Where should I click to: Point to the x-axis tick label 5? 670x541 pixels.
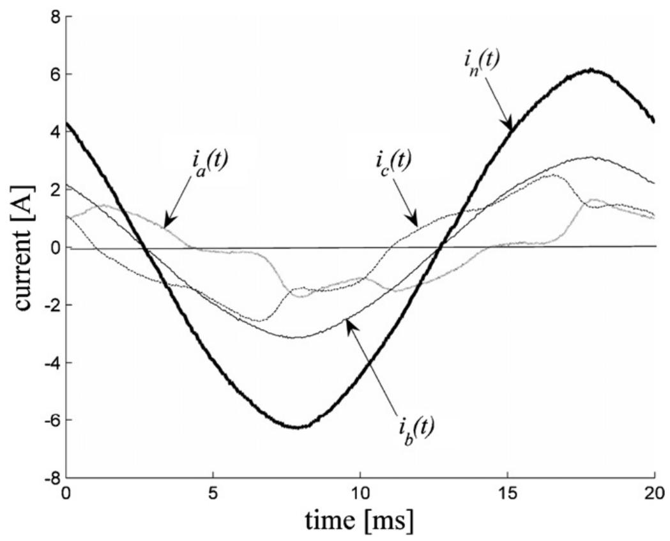pyautogui.click(x=213, y=494)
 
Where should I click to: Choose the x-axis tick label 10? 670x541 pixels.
pyautogui.click(x=360, y=494)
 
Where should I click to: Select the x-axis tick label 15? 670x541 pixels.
pyautogui.click(x=507, y=494)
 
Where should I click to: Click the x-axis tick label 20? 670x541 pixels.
pyautogui.click(x=654, y=494)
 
